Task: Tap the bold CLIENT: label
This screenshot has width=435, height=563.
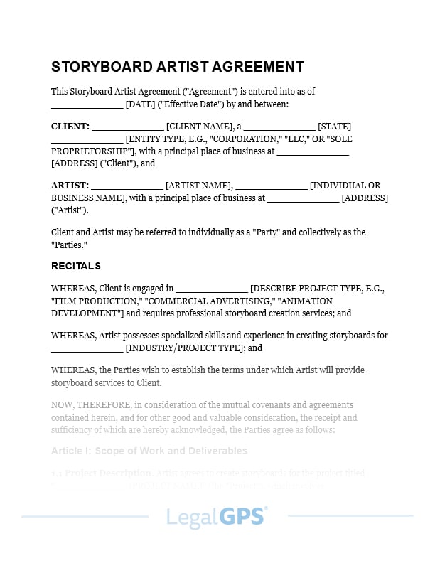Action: click(x=70, y=127)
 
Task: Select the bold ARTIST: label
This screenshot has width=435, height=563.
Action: click(x=70, y=185)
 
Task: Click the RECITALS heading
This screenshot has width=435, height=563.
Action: click(x=76, y=266)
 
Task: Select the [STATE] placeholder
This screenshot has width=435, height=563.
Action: click(x=334, y=127)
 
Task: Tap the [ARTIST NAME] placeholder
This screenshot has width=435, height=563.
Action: click(x=198, y=185)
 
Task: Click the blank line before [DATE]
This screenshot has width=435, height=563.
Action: click(x=87, y=105)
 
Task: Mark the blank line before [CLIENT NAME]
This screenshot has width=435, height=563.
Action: click(x=127, y=127)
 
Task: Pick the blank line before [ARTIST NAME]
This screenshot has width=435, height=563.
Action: click(x=128, y=186)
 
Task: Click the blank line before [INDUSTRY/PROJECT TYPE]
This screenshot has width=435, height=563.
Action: click(x=87, y=349)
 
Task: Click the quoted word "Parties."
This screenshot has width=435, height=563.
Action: click(x=70, y=245)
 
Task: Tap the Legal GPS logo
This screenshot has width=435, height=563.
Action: click(x=217, y=516)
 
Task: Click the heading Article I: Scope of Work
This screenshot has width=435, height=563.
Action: click(x=149, y=451)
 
